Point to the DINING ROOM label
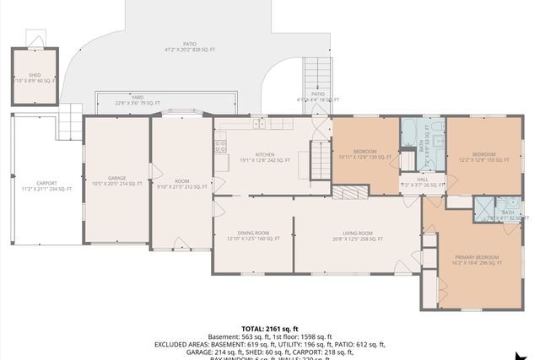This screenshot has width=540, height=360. pos(253,235)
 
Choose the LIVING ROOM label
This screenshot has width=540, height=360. pos(358,235)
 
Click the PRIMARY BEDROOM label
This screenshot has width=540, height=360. pos(477,259)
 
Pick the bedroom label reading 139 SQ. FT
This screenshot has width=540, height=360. pos(364,154)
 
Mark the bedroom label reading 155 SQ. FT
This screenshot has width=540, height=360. pos(483,156)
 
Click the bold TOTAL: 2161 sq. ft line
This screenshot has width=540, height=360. pos(270,328)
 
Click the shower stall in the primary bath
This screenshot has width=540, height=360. pos(483,207)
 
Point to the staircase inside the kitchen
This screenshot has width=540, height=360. pos(320,156)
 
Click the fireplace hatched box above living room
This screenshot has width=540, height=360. pos(344,193)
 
